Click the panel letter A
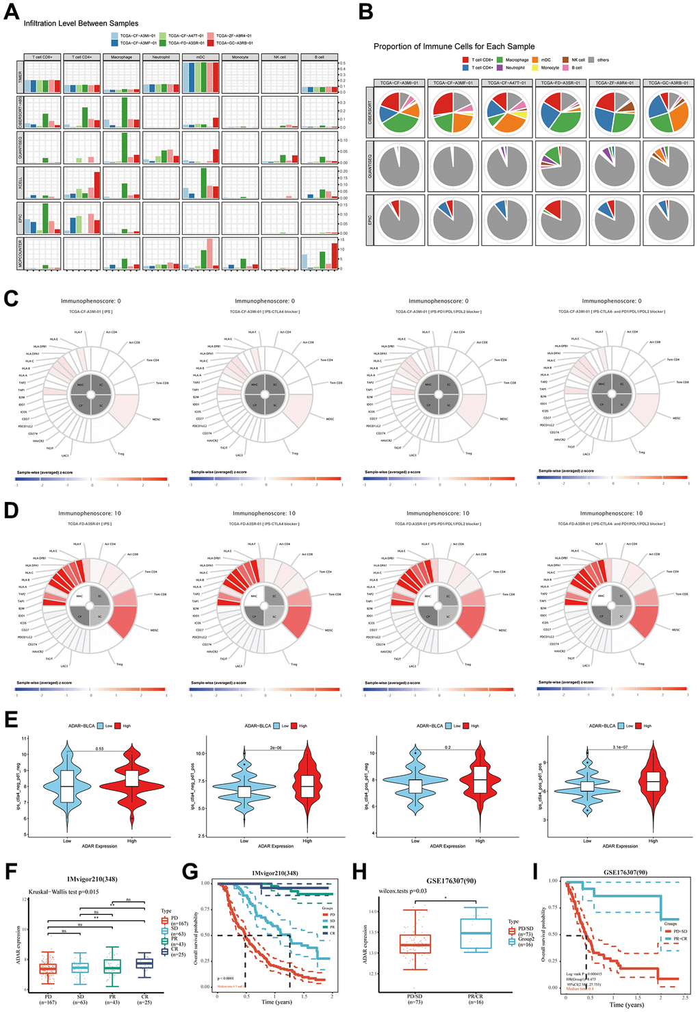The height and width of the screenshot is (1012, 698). pos(11,13)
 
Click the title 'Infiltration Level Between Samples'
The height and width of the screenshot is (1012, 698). pos(81,23)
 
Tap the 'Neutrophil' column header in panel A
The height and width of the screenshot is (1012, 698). pos(161,57)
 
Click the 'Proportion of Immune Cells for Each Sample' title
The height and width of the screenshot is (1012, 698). pos(454,47)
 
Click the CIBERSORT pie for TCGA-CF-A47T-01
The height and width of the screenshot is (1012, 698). pos(506,112)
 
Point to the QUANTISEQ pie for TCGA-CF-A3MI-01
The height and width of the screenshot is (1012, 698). pos(398,166)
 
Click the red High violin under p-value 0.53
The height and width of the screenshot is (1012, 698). pos(131,781)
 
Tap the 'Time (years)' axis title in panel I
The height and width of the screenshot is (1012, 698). pos(626,1004)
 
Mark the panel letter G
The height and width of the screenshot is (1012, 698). pos(190,871)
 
